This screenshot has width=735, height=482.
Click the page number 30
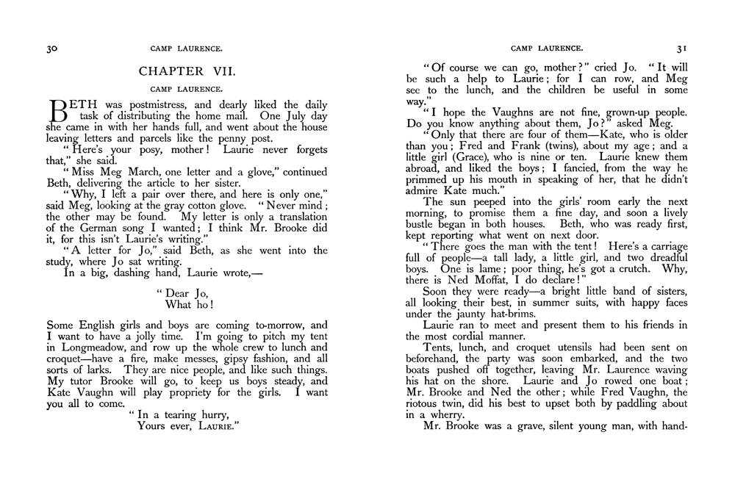52,48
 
